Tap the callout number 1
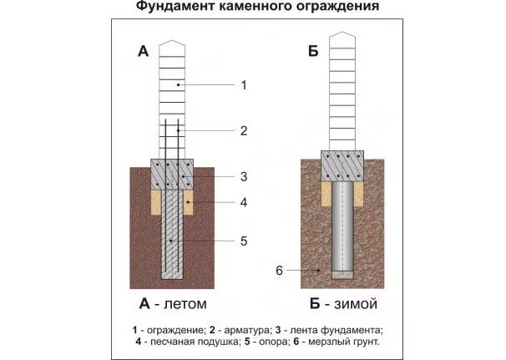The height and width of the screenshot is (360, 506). click(x=243, y=85)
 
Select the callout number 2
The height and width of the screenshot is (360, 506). click(x=243, y=130)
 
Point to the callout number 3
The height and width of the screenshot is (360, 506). click(x=243, y=176)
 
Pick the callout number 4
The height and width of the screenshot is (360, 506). click(x=243, y=202)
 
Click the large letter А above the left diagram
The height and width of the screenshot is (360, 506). click(x=143, y=52)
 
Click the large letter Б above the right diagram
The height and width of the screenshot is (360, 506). click(x=312, y=52)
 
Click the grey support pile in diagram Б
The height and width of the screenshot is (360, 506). click(x=344, y=226)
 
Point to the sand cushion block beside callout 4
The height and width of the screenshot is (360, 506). click(x=188, y=202)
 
